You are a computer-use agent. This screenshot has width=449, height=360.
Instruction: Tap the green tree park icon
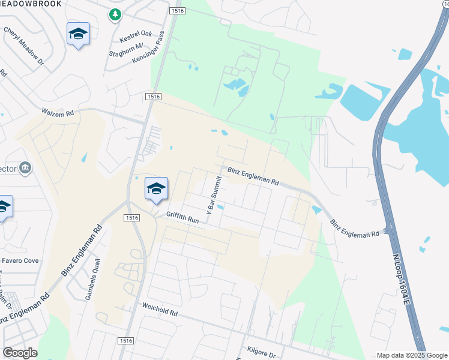[x=115, y=14]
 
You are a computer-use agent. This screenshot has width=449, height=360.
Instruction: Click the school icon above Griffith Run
[x=156, y=189]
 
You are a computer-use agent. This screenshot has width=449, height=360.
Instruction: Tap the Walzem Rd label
[x=57, y=112]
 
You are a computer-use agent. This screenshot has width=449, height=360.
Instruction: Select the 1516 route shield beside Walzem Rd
[x=152, y=97]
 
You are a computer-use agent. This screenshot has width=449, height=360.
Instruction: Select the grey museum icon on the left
[x=25, y=167]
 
